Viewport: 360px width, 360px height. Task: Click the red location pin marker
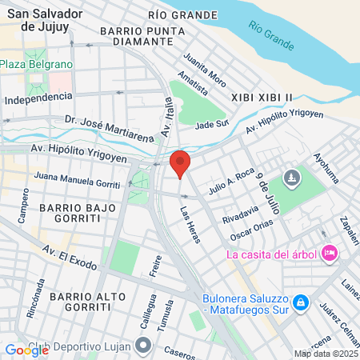pos(180,163)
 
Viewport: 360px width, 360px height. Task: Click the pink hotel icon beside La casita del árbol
pos(328,254)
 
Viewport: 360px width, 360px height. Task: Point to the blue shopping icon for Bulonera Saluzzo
pos(300,302)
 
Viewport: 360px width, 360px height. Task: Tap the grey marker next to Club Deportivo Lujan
pos(144,346)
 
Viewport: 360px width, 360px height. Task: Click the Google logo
pos(26,350)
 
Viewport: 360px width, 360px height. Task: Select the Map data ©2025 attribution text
pos(325,354)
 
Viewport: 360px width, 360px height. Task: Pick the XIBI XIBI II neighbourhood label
pos(262,96)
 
